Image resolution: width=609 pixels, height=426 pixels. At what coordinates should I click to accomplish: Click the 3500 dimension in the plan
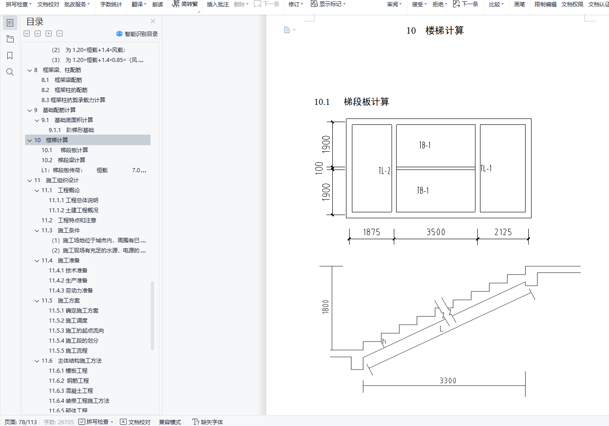click(436, 232)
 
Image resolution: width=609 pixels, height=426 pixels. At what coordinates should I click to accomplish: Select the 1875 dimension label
click(372, 232)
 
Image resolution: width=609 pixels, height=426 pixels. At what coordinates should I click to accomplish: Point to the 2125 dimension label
click(503, 232)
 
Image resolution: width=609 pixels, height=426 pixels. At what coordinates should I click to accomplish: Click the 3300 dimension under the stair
click(448, 380)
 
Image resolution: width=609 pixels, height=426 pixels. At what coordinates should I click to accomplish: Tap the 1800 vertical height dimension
click(325, 307)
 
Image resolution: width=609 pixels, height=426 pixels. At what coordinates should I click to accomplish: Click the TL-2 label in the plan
click(384, 171)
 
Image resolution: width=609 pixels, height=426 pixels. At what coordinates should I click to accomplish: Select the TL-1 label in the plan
click(486, 168)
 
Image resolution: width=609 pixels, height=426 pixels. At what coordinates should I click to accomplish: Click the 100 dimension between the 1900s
click(319, 168)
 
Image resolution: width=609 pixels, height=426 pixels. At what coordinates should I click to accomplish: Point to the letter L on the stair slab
click(441, 328)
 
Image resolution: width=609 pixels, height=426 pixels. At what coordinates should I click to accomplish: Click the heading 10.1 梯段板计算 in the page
click(351, 102)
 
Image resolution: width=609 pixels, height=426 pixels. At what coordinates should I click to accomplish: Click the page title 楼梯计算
click(444, 31)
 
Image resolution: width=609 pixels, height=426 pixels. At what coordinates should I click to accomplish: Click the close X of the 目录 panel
click(153, 21)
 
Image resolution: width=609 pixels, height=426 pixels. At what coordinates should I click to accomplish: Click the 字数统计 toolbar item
click(111, 5)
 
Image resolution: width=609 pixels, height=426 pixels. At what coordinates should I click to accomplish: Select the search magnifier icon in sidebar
click(10, 72)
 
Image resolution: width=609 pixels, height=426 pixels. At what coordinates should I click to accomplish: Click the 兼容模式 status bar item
click(170, 422)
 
